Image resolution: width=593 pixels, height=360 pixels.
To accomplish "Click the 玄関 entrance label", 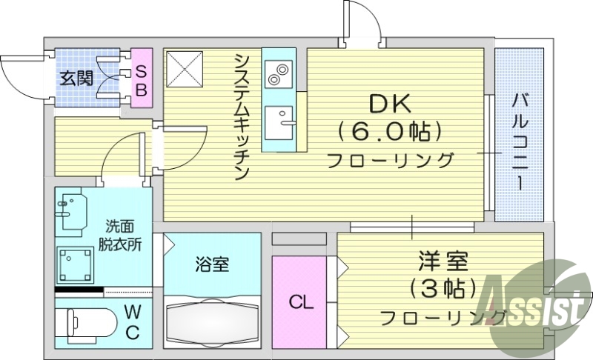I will (x=77, y=77).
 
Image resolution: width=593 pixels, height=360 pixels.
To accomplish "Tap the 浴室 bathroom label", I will (x=211, y=264).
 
